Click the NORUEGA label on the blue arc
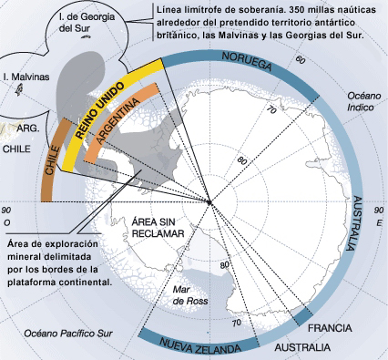coord(247,61)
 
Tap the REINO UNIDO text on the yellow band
coord(99,110)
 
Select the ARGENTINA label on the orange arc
coord(117,120)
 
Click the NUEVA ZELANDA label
coord(200,345)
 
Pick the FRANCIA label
coord(330,328)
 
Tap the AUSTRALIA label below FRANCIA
coord(302,347)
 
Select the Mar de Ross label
coord(190,295)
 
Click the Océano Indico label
coord(364,101)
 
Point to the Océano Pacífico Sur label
coord(68,334)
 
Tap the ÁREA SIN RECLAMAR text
coord(158,228)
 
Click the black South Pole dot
coord(209,202)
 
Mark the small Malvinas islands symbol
coord(19,90)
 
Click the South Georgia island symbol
coord(87,37)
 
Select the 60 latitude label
coord(300,60)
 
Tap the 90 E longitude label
coord(379,216)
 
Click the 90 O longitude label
coord(6,216)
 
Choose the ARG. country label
coord(28,129)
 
